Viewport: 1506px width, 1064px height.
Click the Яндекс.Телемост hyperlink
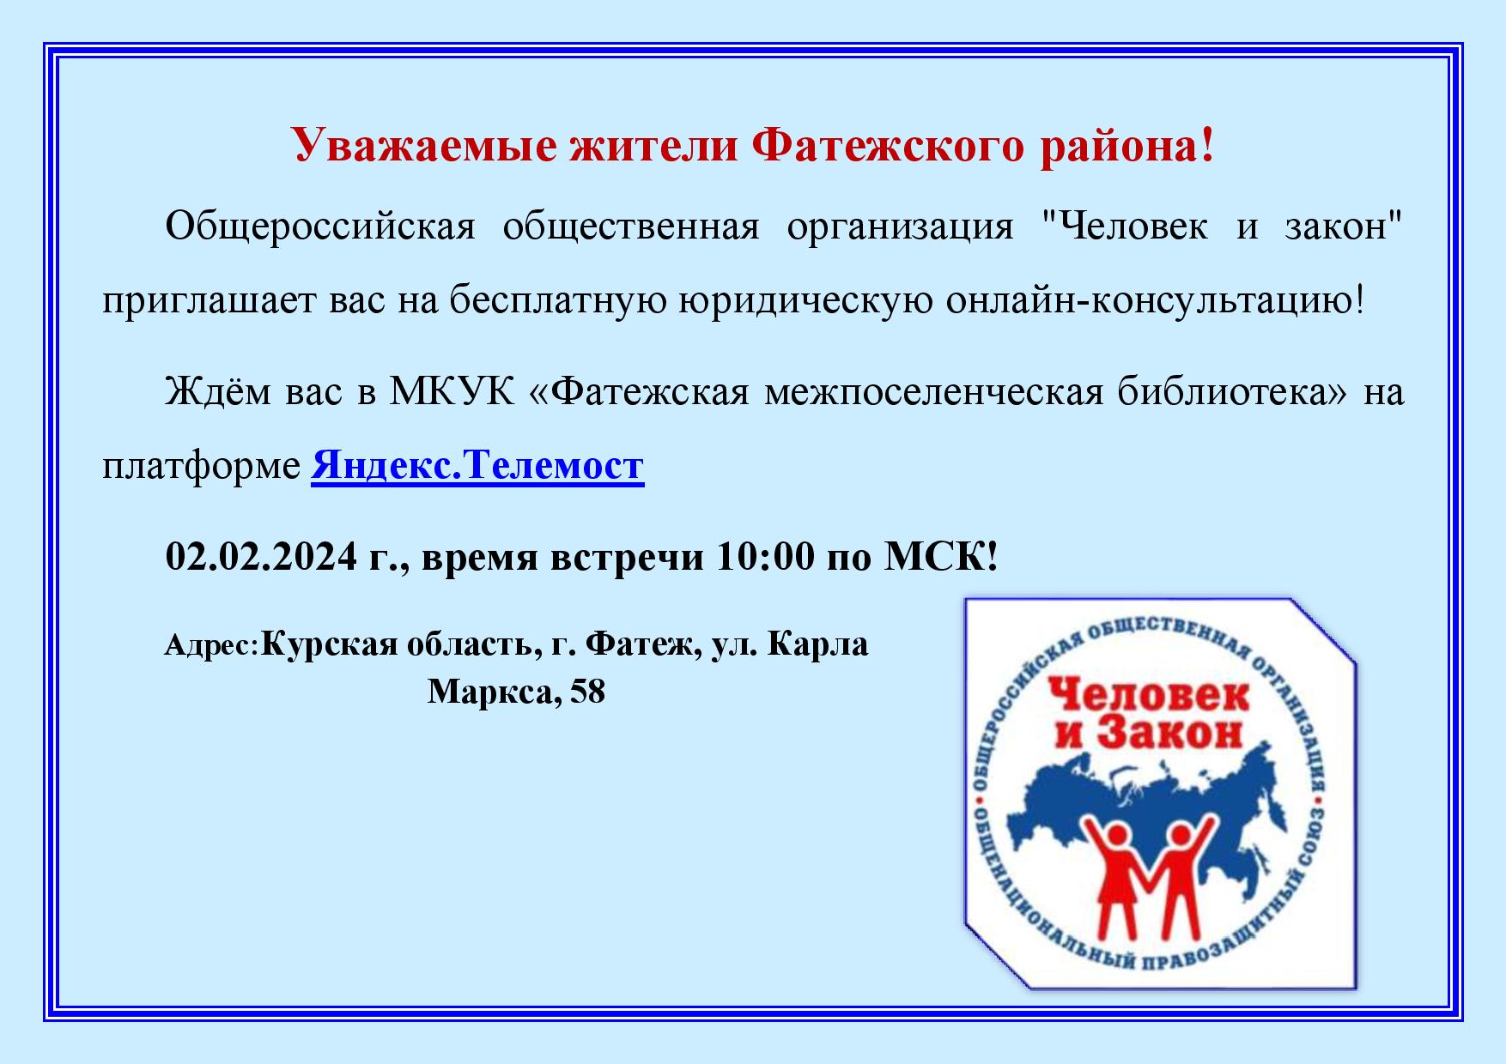pyautogui.click(x=477, y=466)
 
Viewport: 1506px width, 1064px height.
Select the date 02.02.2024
pyautogui.click(x=261, y=556)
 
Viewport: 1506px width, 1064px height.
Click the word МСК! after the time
pyautogui.click(x=942, y=556)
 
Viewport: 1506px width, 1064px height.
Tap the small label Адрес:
pyautogui.click(x=211, y=645)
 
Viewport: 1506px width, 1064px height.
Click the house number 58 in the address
pyautogui.click(x=587, y=692)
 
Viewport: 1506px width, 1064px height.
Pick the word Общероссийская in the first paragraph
pyautogui.click(x=320, y=227)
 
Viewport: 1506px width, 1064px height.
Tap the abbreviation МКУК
pyautogui.click(x=452, y=392)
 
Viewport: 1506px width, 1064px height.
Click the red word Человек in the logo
pyautogui.click(x=1149, y=695)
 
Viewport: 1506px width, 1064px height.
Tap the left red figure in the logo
pyautogui.click(x=1117, y=876)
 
